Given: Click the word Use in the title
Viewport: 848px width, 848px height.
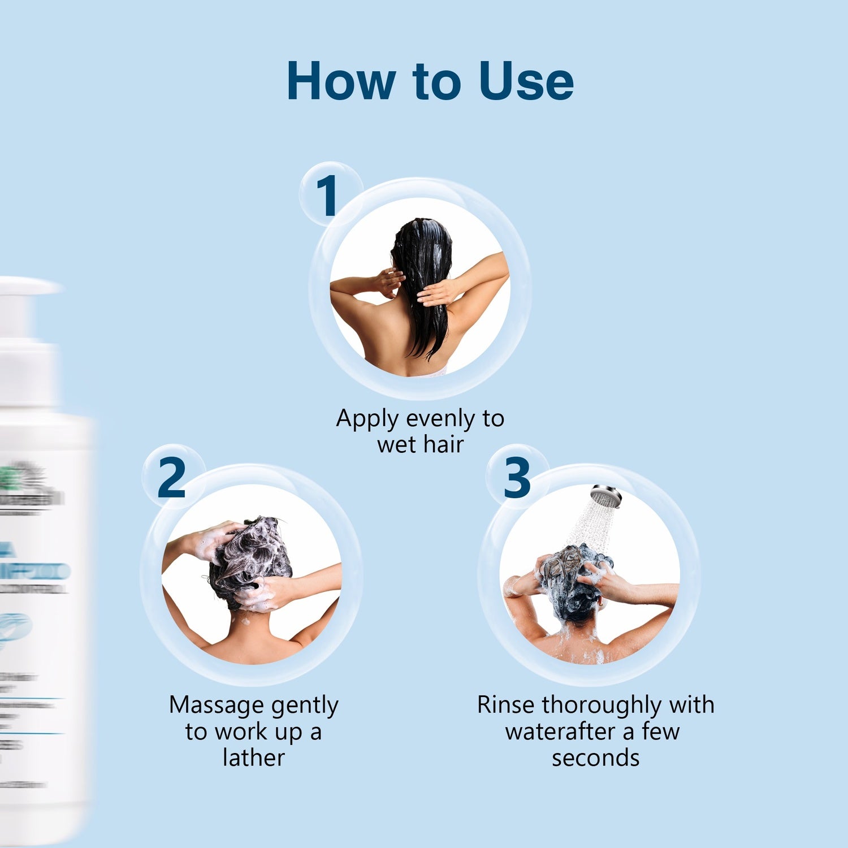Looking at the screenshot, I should click(526, 82).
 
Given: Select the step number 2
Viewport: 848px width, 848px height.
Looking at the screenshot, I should click(171, 478).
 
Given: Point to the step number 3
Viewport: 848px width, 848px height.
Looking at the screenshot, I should click(517, 478).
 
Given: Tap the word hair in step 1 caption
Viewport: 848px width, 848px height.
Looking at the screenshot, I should click(444, 445).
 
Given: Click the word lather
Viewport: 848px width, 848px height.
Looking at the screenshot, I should click(254, 758).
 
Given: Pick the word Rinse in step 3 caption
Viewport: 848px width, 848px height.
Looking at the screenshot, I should click(506, 706).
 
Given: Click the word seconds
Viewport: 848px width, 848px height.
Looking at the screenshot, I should click(595, 758).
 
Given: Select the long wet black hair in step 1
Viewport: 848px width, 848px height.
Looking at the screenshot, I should click(424, 283).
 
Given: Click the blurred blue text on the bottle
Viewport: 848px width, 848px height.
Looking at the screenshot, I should click(34, 571).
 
